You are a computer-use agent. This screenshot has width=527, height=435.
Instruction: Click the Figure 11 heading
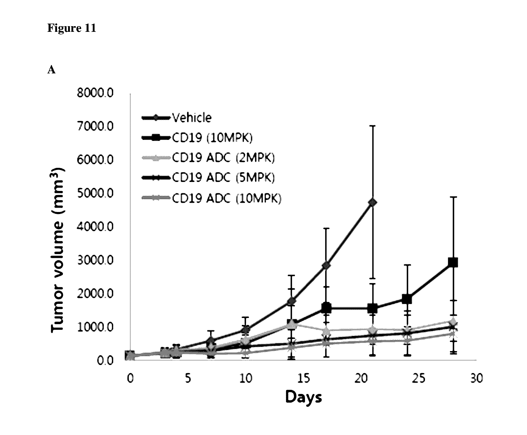71,28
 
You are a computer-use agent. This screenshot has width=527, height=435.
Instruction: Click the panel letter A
51,70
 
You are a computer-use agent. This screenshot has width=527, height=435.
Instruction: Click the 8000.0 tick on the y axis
95,93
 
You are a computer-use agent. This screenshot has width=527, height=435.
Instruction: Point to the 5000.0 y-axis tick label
95,193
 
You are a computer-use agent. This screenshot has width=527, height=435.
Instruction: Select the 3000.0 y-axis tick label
95,260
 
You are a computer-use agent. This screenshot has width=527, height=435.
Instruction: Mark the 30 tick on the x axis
477,379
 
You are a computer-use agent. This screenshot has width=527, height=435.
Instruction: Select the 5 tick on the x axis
188,379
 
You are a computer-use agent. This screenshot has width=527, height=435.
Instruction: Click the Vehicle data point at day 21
373,202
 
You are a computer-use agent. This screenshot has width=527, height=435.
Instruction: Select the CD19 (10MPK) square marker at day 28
453,263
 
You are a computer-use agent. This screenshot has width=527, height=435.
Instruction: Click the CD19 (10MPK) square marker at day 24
407,299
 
